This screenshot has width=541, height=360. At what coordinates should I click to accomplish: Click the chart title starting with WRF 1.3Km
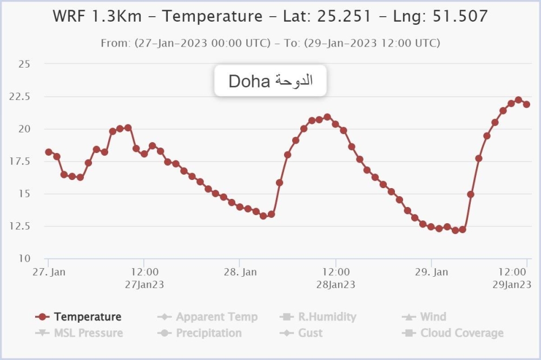pos(270,16)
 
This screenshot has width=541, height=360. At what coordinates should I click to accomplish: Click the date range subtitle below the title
pos(270,43)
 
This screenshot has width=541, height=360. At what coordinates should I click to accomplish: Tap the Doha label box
pos(270,81)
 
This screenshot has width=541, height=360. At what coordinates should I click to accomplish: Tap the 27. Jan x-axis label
pos(49,272)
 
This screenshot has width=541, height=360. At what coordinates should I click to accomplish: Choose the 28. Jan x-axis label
pos(240,272)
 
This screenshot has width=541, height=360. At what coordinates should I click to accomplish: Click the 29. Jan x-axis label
pos(431,272)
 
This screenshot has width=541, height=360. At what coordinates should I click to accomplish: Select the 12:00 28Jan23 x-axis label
pos(335,278)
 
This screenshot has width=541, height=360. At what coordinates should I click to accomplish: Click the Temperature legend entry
pos(87,317)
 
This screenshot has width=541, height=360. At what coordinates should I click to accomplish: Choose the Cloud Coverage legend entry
pos(461,333)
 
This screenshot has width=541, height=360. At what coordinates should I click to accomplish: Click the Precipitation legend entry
pos(208,333)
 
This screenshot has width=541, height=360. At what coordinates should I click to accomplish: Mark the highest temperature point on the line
pos(518,100)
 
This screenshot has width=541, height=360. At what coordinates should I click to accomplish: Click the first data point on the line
pos(49,152)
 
